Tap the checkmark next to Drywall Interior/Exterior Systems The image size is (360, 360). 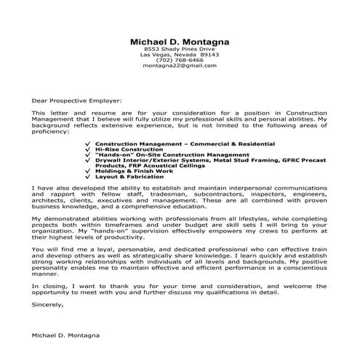pos(88,160)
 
